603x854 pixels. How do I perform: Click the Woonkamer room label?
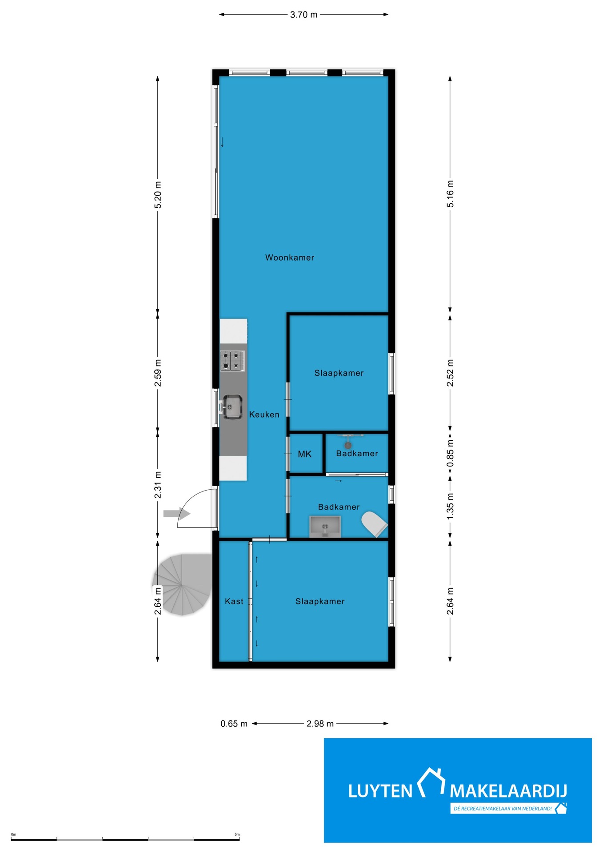[x=289, y=258]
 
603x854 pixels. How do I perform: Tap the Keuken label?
[x=264, y=415]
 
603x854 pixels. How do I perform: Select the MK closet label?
[x=304, y=454]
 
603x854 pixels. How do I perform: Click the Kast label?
[x=234, y=601]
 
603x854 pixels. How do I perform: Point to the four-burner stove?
[x=232, y=361]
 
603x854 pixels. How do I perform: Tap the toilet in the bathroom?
[x=374, y=524]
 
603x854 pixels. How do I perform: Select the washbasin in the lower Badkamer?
[x=325, y=526]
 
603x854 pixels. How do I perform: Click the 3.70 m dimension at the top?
[x=303, y=15]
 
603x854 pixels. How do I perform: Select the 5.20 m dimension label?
[x=158, y=195]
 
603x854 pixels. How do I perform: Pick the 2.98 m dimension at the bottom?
[x=320, y=724]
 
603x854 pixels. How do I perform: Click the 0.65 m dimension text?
[x=234, y=724]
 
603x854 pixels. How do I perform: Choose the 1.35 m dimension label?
[x=450, y=506]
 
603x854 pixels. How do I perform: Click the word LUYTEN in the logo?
[x=380, y=791]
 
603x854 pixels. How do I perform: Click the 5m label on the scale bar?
[x=237, y=834]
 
